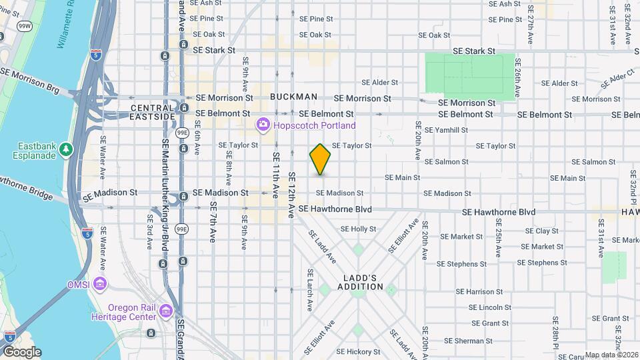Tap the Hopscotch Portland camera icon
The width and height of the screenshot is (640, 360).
(263, 125)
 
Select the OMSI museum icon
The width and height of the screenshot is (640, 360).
(100, 285)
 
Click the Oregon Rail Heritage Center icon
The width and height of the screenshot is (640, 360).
(166, 311)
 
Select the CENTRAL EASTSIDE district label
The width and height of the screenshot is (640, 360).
(153, 112)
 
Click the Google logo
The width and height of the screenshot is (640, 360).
(22, 351)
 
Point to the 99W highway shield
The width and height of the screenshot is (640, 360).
(25, 26)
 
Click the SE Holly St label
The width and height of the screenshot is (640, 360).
(359, 229)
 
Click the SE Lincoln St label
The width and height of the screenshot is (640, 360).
(489, 307)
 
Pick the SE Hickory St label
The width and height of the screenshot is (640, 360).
(358, 351)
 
